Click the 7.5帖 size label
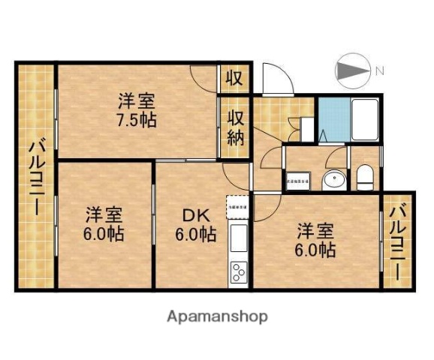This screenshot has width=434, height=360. pyautogui.click(x=136, y=120)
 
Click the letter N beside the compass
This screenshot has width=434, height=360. pyautogui.click(x=380, y=71)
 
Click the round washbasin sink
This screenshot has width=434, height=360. pyautogui.click(x=333, y=179)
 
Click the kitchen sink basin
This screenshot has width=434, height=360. pyautogui.click(x=238, y=239)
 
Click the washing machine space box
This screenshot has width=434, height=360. pyautogui.click(x=297, y=180)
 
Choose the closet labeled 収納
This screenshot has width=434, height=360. pyautogui.click(x=234, y=127)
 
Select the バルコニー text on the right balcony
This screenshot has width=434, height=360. pyautogui.click(x=398, y=239)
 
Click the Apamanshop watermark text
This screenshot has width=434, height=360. pyautogui.click(x=216, y=316)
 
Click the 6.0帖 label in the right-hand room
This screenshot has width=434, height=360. pyautogui.click(x=315, y=250)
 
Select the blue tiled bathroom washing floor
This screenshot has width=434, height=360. pyautogui.click(x=331, y=119)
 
